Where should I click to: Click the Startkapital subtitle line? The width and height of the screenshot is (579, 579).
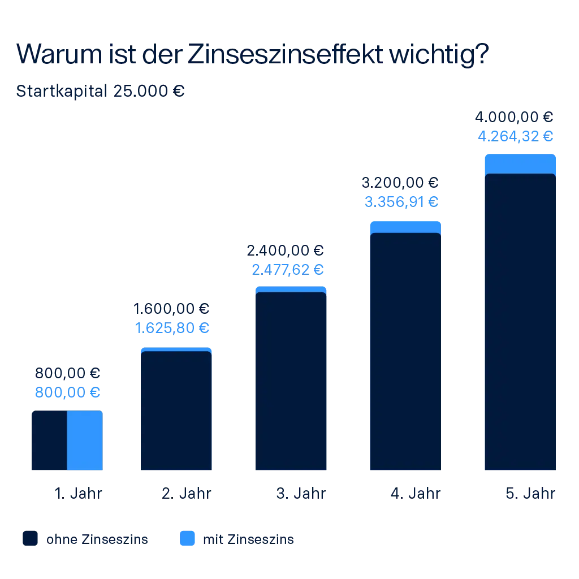[100, 91]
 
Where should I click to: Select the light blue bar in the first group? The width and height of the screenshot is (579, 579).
[85, 440]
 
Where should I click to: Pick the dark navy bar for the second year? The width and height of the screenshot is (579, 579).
[176, 411]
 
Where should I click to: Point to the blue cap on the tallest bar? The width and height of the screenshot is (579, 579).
[520, 163]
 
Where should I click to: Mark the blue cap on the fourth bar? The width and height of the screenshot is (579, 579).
[405, 226]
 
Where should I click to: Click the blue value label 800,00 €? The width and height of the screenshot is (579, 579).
[67, 392]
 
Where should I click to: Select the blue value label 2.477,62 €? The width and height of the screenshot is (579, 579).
[289, 269]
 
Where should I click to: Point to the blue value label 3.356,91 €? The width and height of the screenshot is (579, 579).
[401, 201]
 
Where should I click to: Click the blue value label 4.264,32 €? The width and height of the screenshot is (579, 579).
[516, 136]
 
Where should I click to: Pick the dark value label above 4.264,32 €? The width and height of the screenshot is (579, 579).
[516, 116]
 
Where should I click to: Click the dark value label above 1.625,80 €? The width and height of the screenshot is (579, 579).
[172, 310]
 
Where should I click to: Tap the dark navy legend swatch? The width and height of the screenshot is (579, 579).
[32, 539]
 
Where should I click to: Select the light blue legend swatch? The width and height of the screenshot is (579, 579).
[187, 539]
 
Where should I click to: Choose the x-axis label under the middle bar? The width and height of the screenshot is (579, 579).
[301, 495]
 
